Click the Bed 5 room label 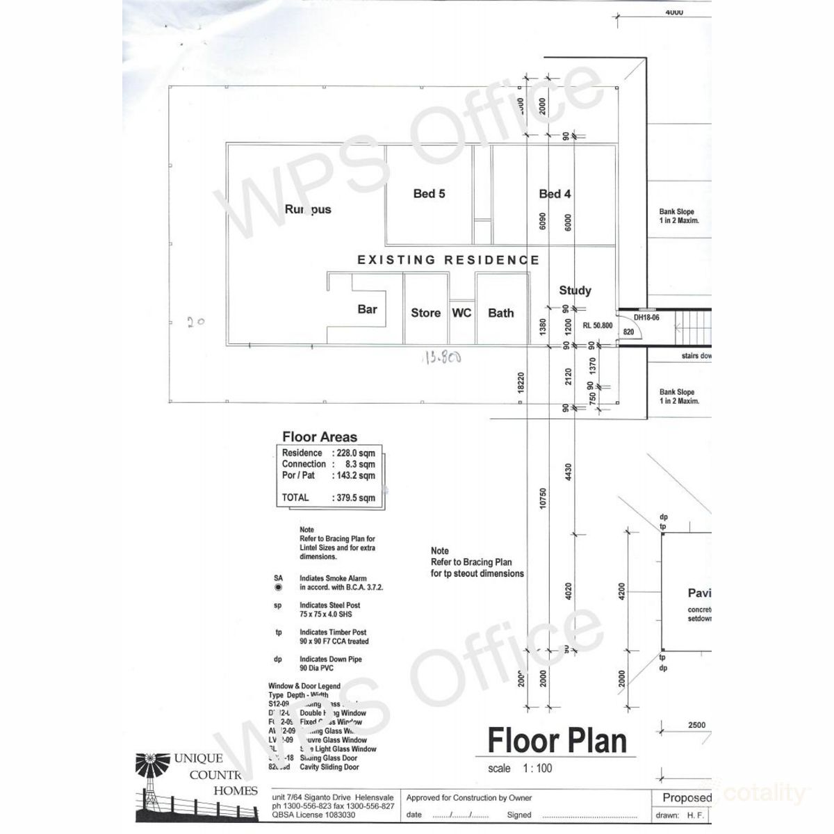tap(429, 194)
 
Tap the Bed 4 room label tap(555, 194)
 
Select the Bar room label tap(367, 309)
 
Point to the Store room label tap(425, 313)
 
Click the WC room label tap(461, 313)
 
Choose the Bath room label tap(500, 313)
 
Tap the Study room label tap(575, 291)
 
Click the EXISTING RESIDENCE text tap(448, 260)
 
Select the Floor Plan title tap(557, 741)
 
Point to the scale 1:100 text tap(520, 769)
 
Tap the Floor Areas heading tap(320, 437)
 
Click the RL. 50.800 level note tap(597, 325)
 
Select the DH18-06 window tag tap(647, 318)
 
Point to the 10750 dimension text tap(543, 498)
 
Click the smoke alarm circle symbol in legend tap(279, 587)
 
